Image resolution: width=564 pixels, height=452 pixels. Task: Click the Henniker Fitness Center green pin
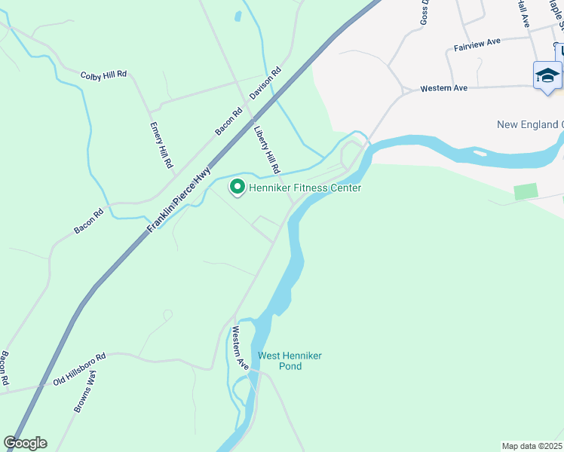(237, 186)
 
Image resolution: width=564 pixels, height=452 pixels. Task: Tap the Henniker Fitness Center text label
(305, 188)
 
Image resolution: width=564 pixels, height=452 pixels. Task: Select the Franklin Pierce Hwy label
(178, 200)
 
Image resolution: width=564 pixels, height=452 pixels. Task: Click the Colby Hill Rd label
(103, 75)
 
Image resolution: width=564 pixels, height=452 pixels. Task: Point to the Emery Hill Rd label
(161, 145)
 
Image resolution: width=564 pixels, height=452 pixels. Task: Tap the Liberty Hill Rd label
(268, 148)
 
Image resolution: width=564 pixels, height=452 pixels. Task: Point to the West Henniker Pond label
(280, 361)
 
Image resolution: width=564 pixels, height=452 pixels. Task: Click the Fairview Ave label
(478, 46)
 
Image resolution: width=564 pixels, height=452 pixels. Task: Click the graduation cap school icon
(547, 76)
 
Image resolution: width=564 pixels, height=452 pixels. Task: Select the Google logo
(25, 443)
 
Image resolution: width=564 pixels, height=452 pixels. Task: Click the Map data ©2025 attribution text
(532, 446)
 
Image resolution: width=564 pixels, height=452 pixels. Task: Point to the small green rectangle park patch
(526, 191)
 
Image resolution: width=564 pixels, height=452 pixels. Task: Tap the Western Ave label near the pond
(241, 347)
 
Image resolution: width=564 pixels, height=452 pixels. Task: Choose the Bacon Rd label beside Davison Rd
(228, 121)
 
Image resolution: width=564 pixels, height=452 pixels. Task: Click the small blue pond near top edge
(238, 16)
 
